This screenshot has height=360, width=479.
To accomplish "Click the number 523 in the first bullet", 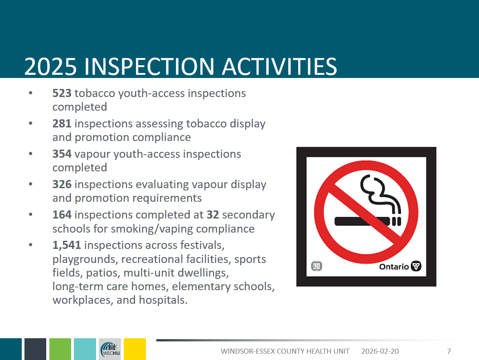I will click(62, 93).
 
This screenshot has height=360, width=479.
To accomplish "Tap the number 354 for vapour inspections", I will click(62, 154).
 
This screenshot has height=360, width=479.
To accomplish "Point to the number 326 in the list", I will click(62, 185).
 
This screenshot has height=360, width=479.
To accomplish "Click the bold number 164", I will click(62, 215).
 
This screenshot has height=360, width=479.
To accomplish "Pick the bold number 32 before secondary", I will click(213, 215).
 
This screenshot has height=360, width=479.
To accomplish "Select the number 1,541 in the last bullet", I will click(67, 245).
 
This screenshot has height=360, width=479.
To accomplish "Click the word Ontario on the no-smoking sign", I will click(393, 267).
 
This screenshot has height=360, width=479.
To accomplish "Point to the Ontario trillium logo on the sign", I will click(416, 266).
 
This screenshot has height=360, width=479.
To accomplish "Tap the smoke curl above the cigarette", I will click(378, 193).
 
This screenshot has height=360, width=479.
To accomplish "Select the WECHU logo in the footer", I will click(110, 349).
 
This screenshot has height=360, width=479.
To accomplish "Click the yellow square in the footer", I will click(135, 349).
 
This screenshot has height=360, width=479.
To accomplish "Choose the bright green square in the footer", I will click(60, 349).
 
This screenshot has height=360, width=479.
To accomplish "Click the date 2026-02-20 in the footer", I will click(380, 351).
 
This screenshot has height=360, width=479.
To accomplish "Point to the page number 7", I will click(449, 351).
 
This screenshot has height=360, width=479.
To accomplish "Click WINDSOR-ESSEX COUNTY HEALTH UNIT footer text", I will click(285, 351).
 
